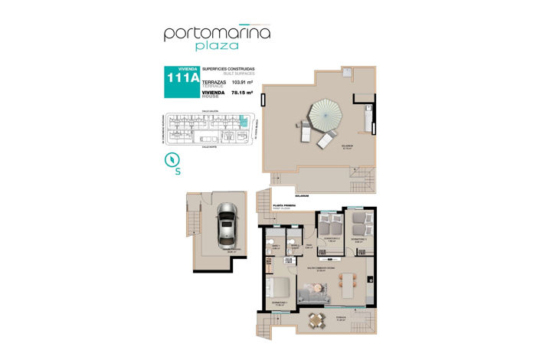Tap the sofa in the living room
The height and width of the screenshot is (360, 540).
[x=316, y=293]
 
